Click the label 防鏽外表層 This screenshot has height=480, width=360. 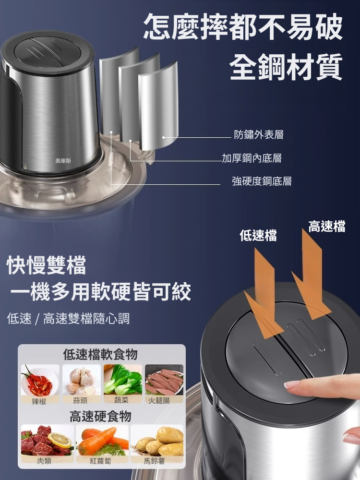[x=259, y=135]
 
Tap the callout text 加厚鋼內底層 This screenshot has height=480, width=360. [x=252, y=158]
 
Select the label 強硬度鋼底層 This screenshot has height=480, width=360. [x=262, y=181]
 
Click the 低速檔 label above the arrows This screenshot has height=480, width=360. [x=258, y=235]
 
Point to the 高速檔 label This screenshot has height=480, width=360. [x=327, y=227]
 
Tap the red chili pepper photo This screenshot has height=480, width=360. [x=40, y=380]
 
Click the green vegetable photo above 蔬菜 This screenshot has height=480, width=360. [x=122, y=380]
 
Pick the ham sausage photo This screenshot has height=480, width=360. [x=164, y=380]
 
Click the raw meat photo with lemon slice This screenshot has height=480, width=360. [x=47, y=441]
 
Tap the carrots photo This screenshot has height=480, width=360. [x=102, y=441]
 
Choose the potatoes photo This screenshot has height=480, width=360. [x=157, y=441]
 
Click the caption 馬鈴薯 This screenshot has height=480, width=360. [x=154, y=461]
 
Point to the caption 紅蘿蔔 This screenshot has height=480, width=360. [x=100, y=461]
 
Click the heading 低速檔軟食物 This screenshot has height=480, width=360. [x=100, y=355]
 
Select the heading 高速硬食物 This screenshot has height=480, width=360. [x=100, y=416]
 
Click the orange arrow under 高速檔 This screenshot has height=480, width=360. [x=310, y=278]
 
